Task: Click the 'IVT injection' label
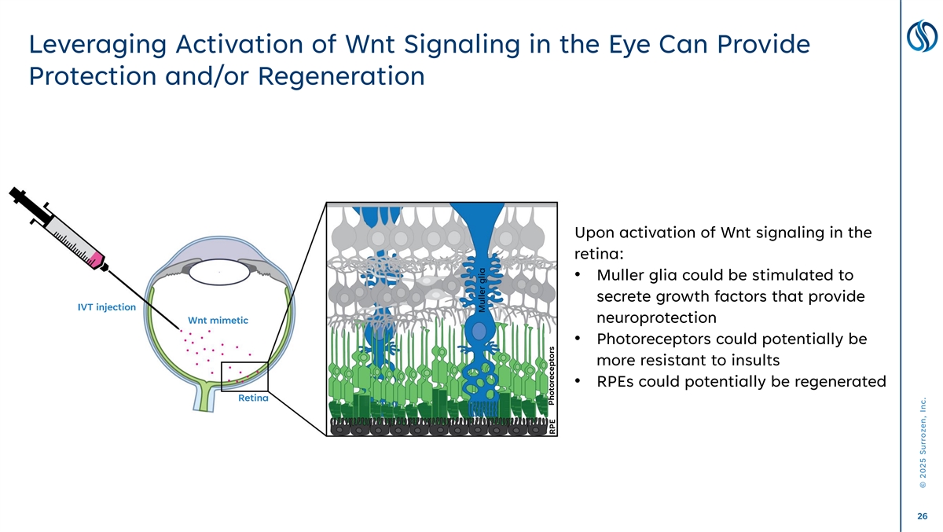pyautogui.click(x=106, y=306)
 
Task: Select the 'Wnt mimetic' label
pyautogui.click(x=218, y=320)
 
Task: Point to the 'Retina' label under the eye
pyautogui.click(x=253, y=398)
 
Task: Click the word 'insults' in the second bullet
pyautogui.click(x=750, y=361)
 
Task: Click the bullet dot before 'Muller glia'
pyautogui.click(x=578, y=276)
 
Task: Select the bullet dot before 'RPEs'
pyautogui.click(x=578, y=382)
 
